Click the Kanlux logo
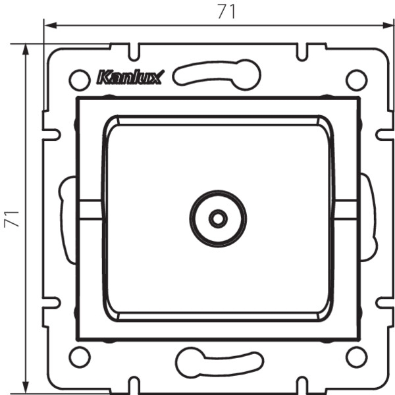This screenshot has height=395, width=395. click(x=130, y=77)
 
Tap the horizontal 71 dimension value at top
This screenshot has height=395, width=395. click(x=226, y=12)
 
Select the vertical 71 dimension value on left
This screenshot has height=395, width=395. click(x=11, y=219)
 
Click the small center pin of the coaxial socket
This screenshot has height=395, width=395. click(x=218, y=219)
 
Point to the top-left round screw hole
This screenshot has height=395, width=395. click(x=80, y=80)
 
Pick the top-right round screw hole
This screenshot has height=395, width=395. click(x=356, y=80)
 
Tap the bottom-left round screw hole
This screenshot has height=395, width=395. click(x=80, y=357)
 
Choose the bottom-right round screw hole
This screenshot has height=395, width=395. click(x=356, y=357)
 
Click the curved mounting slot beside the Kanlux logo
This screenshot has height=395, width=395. click(x=217, y=75)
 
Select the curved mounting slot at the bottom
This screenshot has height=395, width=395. click(x=220, y=363)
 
